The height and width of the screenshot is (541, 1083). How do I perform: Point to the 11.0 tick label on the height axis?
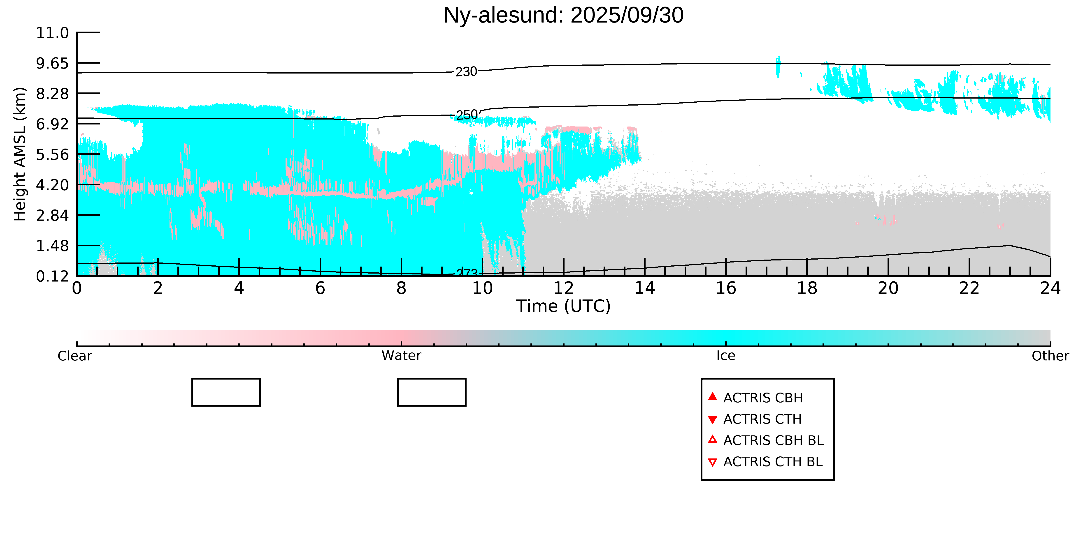52,33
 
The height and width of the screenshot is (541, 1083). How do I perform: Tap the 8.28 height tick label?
52,94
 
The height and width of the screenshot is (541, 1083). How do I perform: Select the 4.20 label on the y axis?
52,185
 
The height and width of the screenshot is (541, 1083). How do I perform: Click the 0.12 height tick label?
52,276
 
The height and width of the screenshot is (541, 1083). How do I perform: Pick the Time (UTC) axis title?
563,306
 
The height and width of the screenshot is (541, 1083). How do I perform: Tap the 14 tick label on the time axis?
644,288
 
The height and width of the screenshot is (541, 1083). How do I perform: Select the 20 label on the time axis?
888,288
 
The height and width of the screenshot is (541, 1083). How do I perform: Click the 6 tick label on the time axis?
320,288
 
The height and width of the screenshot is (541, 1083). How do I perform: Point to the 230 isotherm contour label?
466,72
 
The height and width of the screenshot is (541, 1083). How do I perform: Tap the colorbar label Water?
401,356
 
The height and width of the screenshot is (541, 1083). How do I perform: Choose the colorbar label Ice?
726,356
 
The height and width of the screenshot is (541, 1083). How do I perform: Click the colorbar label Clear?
75,356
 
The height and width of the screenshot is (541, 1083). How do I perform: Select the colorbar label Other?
1050,356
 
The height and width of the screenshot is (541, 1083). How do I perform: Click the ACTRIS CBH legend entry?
763,398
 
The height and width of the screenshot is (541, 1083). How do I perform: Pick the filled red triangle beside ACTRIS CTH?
712,419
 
